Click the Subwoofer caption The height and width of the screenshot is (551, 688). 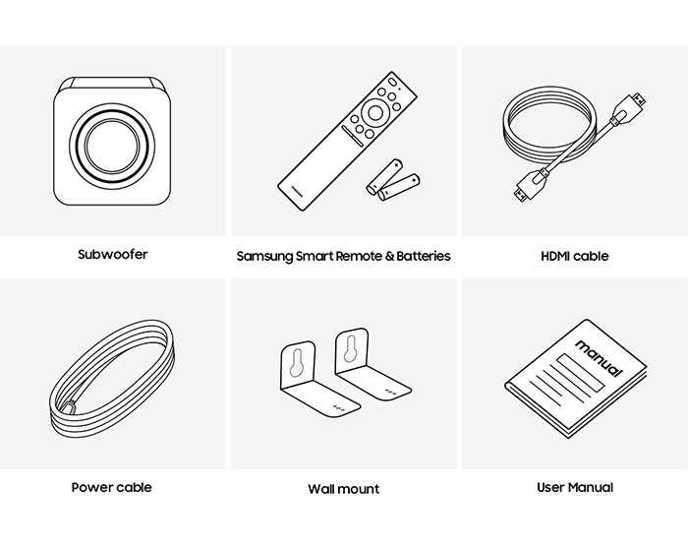click(x=113, y=255)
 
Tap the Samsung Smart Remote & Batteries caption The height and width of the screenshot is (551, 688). click(x=344, y=256)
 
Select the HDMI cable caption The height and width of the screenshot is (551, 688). click(x=575, y=256)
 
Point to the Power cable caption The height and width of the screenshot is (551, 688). click(x=111, y=487)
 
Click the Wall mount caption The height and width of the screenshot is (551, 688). click(x=344, y=489)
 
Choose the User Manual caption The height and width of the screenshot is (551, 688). click(x=575, y=487)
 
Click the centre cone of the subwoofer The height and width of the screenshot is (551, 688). click(x=112, y=146)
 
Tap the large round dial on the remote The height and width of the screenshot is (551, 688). click(x=375, y=112)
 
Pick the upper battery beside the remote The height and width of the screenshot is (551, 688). click(x=385, y=176)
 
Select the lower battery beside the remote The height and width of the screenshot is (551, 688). click(x=399, y=187)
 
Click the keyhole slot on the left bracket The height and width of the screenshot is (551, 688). click(x=297, y=363)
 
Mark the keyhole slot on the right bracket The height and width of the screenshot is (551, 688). click(x=351, y=349)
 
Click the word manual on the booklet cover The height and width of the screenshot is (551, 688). click(x=599, y=358)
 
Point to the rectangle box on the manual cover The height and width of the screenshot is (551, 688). click(x=581, y=373)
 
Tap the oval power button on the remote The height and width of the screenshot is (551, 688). click(x=392, y=83)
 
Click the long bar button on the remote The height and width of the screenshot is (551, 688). click(x=352, y=135)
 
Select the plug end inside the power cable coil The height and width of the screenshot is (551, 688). click(x=68, y=407)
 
